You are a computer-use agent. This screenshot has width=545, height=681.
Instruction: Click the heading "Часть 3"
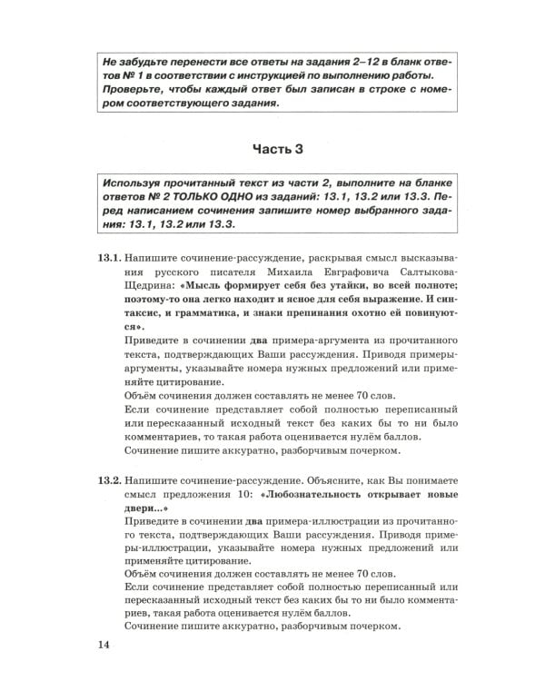pyautogui.click(x=272, y=149)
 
